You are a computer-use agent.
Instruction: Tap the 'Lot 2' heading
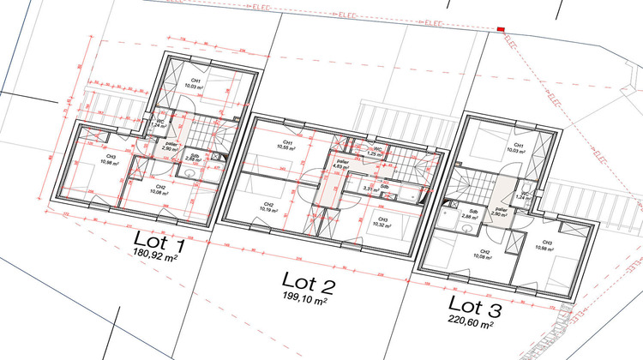coord(309,279)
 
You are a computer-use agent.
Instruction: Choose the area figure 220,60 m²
coord(471,322)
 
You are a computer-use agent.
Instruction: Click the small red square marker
coord(500,31)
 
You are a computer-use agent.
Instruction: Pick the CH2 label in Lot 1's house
coord(159,189)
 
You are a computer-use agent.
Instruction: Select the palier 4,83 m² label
coord(342,164)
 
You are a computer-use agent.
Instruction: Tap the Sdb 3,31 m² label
coord(372,187)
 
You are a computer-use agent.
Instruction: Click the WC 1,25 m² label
coord(376,151)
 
